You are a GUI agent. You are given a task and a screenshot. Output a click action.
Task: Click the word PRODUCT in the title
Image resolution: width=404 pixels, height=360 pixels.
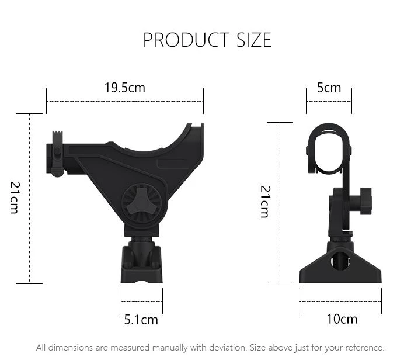pyautogui.click(x=186, y=40)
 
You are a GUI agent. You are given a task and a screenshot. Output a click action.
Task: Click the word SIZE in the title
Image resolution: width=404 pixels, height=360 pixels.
pyautogui.click(x=254, y=40)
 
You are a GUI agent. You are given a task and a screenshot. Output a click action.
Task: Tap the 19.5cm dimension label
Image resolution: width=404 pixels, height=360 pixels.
pyautogui.click(x=125, y=88)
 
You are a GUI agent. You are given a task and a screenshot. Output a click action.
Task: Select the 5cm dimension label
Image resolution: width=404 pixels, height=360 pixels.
pyautogui.click(x=329, y=88)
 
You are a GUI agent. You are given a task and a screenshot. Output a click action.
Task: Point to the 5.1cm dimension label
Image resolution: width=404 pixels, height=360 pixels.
pyautogui.click(x=141, y=320)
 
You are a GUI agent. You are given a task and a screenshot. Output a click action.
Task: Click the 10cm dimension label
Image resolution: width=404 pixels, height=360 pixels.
pyautogui.click(x=342, y=319)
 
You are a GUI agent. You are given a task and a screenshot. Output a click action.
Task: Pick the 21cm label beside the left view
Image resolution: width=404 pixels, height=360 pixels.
pyautogui.click(x=15, y=198)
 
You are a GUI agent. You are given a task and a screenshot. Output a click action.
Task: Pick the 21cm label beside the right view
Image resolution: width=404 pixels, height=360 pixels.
pyautogui.click(x=265, y=202)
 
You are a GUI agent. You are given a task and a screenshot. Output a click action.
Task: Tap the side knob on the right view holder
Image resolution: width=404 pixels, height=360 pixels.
pyautogui.click(x=366, y=201)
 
